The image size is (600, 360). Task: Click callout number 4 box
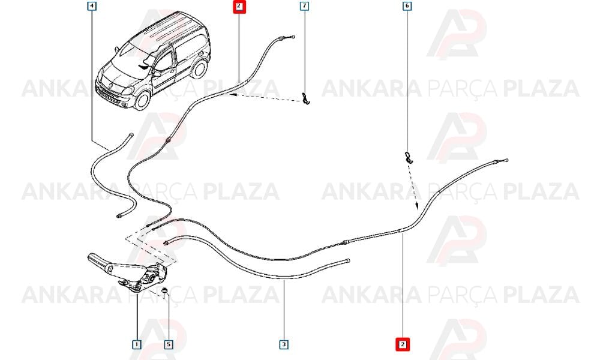pos(92,6)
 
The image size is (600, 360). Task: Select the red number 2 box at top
pos(239,6)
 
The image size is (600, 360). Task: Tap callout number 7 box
pos(304,6)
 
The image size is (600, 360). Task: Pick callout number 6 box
pos(407,6)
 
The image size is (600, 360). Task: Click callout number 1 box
pos(137,344)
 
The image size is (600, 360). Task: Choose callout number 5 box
pos(169,344)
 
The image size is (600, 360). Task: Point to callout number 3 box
pos(284,344)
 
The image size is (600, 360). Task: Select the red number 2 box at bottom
pos(403,344)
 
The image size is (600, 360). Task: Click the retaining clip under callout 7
pos(305,99)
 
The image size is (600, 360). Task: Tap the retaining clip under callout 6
pos(409,157)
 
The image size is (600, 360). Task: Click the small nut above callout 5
pos(164,291)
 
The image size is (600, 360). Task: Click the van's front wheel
pos(142,100)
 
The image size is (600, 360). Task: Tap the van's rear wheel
pos(199,68)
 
